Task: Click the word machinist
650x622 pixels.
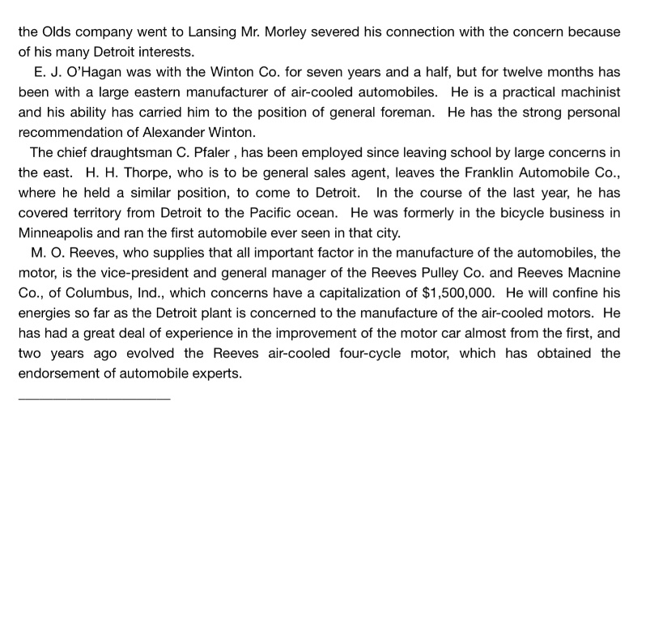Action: tap(585, 92)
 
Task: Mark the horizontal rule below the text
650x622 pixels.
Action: tap(94, 398)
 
